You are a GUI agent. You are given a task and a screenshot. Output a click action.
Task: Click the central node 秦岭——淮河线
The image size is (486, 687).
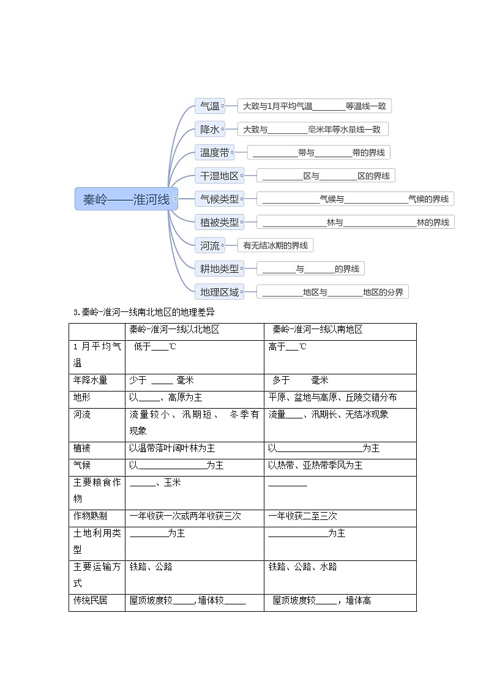click(x=126, y=199)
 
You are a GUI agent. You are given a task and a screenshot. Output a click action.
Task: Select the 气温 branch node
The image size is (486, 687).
click(x=210, y=106)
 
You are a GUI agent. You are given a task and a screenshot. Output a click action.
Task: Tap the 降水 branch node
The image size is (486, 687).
click(x=210, y=130)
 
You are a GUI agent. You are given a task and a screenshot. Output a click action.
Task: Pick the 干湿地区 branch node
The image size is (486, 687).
click(x=219, y=176)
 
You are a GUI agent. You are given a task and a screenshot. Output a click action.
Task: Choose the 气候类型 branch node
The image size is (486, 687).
click(x=219, y=199)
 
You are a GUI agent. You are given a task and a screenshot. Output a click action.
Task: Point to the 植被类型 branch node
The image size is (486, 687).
click(x=219, y=223)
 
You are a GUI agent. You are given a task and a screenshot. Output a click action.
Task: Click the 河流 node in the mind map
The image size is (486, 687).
click(x=210, y=246)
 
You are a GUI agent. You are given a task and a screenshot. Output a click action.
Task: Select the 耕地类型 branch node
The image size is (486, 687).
click(x=219, y=269)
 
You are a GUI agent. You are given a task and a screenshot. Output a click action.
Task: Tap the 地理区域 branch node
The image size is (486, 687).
click(x=219, y=292)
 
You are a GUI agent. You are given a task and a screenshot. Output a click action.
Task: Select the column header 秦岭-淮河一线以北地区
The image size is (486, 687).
click(x=174, y=330)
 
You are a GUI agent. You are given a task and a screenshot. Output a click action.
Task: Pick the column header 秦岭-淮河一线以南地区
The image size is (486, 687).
click(x=318, y=330)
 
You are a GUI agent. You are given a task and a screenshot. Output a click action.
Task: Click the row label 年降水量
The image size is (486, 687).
click(x=90, y=381)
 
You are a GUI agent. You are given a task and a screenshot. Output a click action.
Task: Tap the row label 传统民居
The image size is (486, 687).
click(x=90, y=601)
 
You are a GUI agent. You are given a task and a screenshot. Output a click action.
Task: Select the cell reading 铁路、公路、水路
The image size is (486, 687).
click(x=302, y=567)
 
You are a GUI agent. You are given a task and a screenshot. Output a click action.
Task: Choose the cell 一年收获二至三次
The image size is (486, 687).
click(x=302, y=516)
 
